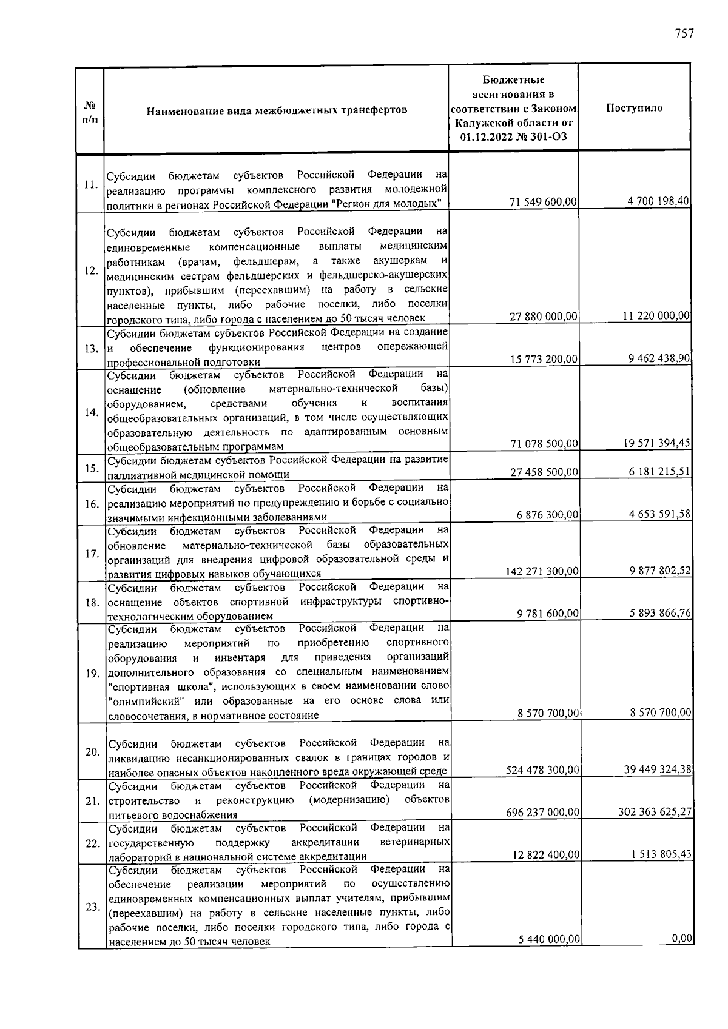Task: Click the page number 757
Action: (683, 34)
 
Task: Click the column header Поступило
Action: (634, 108)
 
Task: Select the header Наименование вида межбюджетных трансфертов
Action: (276, 110)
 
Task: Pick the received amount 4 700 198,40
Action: (659, 201)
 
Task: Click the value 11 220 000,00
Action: (656, 315)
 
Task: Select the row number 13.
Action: (92, 349)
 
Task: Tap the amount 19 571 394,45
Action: (656, 443)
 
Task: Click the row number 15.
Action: (92, 468)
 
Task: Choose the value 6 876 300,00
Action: (547, 515)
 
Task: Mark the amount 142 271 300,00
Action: (542, 571)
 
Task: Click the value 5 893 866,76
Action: (660, 613)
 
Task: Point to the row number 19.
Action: (92, 674)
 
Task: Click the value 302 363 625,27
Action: (655, 812)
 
